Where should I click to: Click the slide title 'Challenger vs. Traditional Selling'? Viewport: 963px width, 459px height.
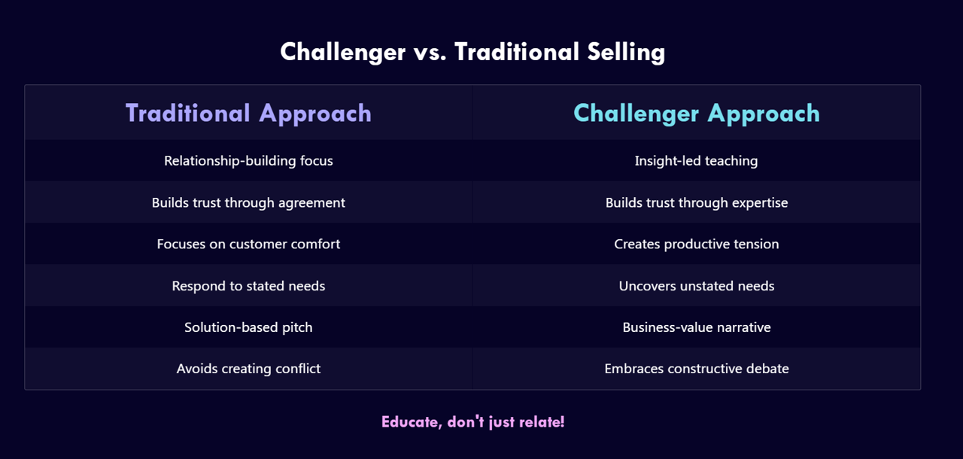tap(472, 53)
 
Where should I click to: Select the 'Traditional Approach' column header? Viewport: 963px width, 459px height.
tap(248, 114)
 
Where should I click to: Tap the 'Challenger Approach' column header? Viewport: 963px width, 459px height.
tap(697, 114)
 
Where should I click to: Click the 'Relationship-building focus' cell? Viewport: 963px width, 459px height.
tap(248, 161)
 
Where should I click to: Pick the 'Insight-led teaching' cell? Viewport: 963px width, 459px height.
tap(697, 161)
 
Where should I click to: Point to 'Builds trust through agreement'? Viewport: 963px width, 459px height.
tap(248, 202)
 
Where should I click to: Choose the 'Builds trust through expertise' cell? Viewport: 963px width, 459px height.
tap(697, 202)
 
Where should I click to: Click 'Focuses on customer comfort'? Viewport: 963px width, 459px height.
tap(248, 244)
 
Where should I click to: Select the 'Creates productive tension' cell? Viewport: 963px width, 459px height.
tap(697, 244)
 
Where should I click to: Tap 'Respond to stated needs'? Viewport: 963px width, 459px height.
tap(248, 286)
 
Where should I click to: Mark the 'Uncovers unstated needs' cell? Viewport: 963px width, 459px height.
tap(697, 286)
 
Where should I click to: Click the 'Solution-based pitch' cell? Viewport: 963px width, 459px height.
tap(248, 327)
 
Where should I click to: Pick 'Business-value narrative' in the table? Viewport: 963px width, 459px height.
tap(697, 327)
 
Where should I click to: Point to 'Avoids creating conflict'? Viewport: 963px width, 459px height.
tap(248, 369)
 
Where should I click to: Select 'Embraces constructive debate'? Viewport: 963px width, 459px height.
tap(697, 369)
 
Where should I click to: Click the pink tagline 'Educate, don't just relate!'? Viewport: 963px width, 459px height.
tap(473, 422)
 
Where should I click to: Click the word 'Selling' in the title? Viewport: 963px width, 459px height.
tap(627, 53)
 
